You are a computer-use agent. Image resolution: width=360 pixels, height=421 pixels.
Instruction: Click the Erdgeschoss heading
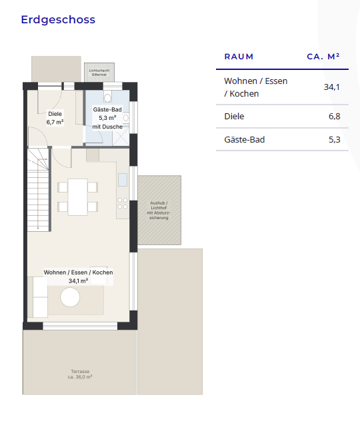58,20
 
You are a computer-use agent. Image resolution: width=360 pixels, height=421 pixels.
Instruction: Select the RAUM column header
239,57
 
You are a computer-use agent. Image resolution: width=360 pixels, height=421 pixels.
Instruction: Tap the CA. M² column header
323,57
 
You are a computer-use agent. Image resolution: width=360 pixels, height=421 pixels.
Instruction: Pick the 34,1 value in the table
331,87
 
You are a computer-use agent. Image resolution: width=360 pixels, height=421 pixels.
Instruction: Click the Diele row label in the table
234,117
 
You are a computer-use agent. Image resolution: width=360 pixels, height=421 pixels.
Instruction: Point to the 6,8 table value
335,117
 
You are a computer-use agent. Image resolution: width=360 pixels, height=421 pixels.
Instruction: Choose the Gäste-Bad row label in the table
245,140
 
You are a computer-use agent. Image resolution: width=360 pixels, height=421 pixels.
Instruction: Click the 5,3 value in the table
335,140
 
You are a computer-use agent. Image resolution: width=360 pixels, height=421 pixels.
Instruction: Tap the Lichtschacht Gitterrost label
99,73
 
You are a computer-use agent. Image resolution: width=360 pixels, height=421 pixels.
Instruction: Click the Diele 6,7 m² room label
55,118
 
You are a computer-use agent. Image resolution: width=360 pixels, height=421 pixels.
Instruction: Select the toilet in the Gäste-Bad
107,96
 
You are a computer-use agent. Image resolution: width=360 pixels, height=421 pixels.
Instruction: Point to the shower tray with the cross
121,137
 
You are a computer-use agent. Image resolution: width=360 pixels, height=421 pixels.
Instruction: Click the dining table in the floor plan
77,197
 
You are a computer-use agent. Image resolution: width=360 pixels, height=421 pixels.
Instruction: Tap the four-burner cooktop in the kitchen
123,203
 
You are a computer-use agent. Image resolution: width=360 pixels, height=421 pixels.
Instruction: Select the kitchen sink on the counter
123,180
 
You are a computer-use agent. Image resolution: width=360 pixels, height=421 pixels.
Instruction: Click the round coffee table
70,297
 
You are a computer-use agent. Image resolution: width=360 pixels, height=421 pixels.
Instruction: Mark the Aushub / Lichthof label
159,210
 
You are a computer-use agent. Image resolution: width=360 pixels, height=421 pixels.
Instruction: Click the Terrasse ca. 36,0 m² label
80,374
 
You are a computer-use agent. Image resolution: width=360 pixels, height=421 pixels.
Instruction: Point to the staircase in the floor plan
38,190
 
